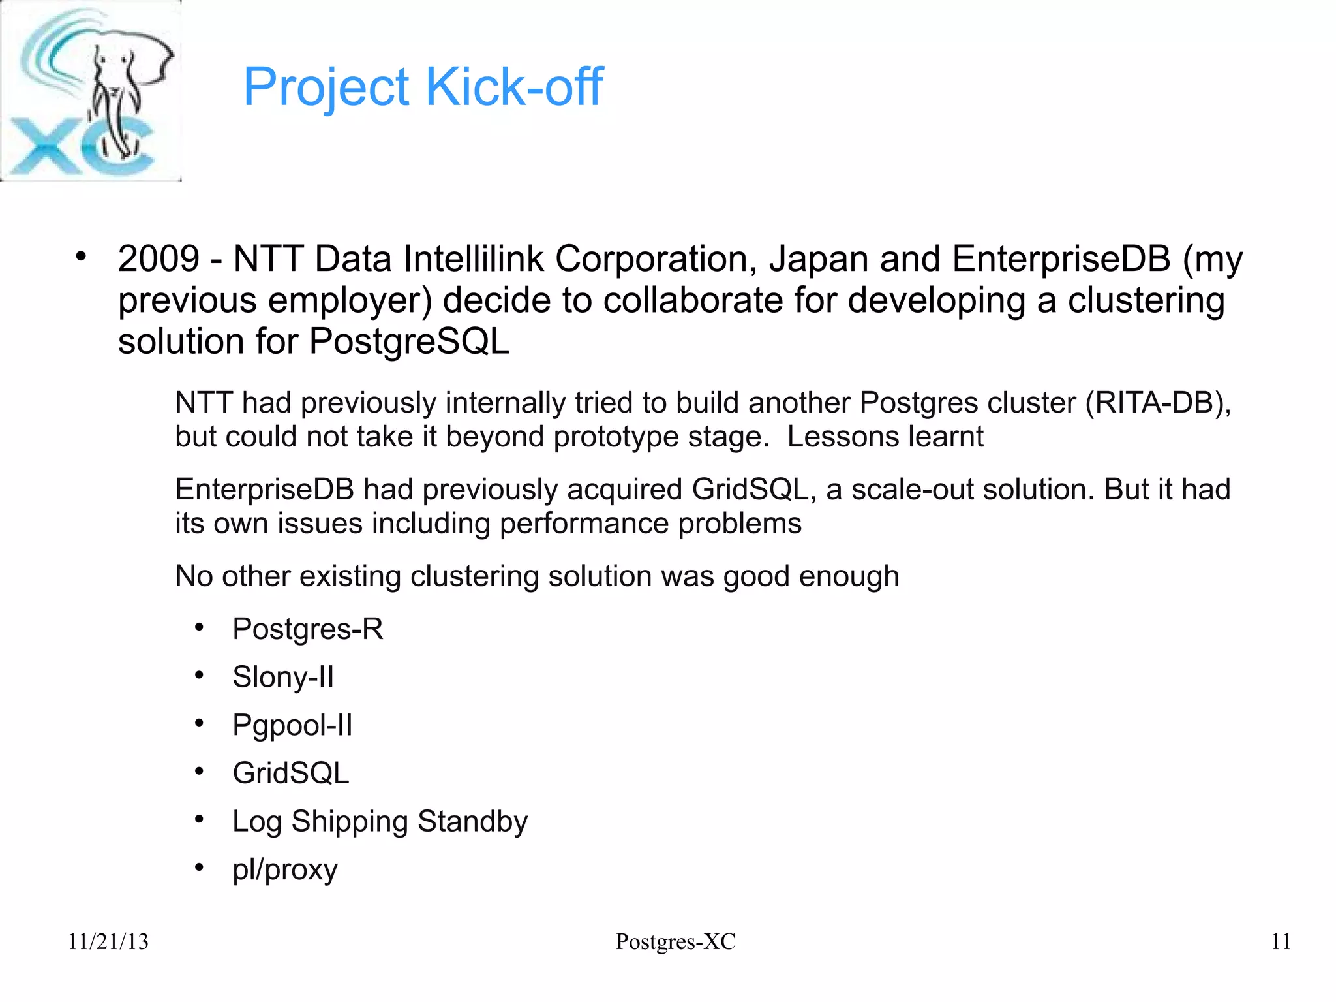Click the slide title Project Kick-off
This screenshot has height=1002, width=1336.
pyautogui.click(x=423, y=87)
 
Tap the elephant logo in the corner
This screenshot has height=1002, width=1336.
pyautogui.click(x=91, y=91)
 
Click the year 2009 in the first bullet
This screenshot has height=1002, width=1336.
pyautogui.click(x=159, y=258)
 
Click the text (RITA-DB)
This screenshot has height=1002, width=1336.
pyautogui.click(x=1157, y=403)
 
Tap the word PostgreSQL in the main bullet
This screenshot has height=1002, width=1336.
pyautogui.click(x=409, y=341)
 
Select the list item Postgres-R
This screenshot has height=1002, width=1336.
pyautogui.click(x=307, y=629)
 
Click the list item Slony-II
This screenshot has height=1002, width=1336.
pyautogui.click(x=283, y=677)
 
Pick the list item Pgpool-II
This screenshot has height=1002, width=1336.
pyautogui.click(x=292, y=725)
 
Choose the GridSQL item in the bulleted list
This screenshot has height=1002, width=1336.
pyautogui.click(x=291, y=774)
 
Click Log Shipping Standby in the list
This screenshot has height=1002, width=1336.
pyautogui.click(x=380, y=822)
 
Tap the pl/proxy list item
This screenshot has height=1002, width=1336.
pyautogui.click(x=285, y=869)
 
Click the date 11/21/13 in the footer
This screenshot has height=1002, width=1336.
pyautogui.click(x=108, y=941)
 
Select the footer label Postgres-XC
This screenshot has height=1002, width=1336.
pyautogui.click(x=675, y=941)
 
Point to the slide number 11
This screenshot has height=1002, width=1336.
pyautogui.click(x=1281, y=941)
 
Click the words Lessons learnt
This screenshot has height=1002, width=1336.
pyautogui.click(x=885, y=437)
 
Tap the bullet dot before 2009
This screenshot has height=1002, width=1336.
pyautogui.click(x=80, y=257)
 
